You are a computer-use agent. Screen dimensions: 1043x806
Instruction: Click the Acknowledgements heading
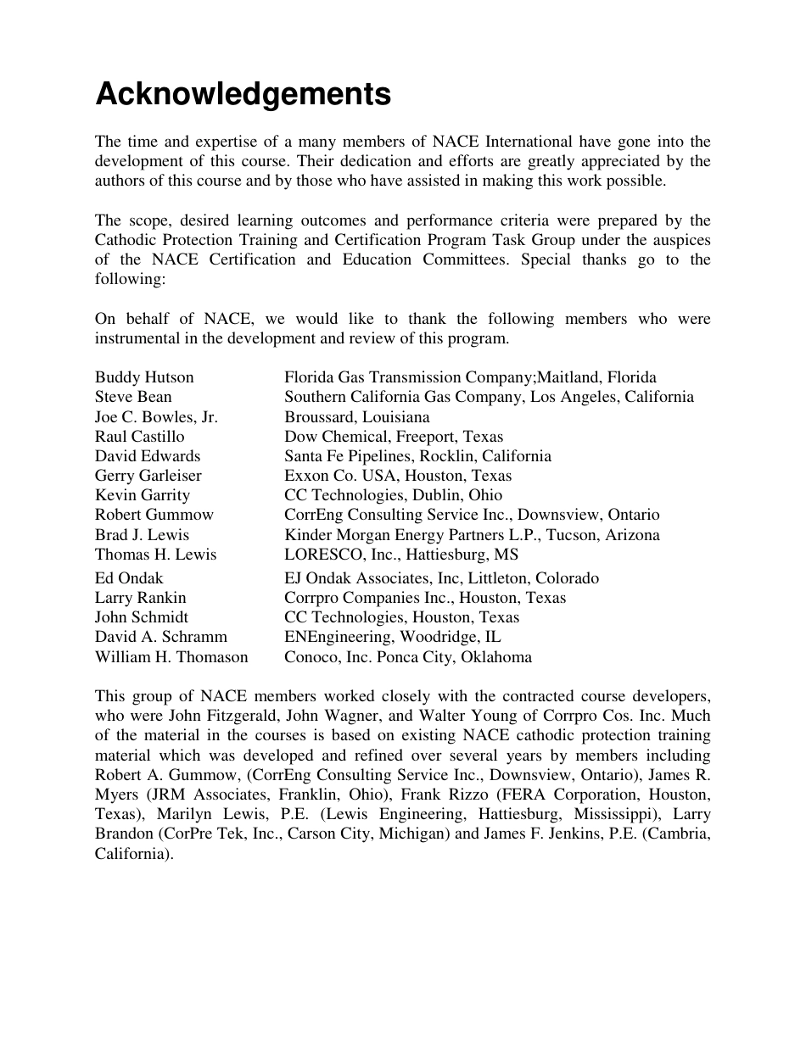pyautogui.click(x=243, y=94)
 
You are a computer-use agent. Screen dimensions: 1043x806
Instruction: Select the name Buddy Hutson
pyautogui.click(x=144, y=377)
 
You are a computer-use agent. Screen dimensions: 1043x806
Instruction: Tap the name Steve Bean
pyautogui.click(x=133, y=397)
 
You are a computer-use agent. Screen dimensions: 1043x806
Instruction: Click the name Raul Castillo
pyautogui.click(x=139, y=437)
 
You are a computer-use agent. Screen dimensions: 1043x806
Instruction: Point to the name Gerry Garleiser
pyautogui.click(x=148, y=476)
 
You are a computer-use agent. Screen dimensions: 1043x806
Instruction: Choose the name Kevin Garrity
pyautogui.click(x=143, y=495)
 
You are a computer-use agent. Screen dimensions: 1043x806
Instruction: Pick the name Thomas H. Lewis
pyautogui.click(x=155, y=555)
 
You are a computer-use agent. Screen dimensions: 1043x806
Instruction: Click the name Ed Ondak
pyautogui.click(x=129, y=578)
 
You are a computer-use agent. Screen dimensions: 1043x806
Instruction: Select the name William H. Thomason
pyautogui.click(x=171, y=657)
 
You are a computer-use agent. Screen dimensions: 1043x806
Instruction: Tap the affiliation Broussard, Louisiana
pyautogui.click(x=356, y=417)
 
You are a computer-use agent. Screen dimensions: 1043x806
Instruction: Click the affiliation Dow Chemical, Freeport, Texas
pyautogui.click(x=394, y=437)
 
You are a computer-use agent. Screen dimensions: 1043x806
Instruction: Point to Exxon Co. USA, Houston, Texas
pyautogui.click(x=398, y=476)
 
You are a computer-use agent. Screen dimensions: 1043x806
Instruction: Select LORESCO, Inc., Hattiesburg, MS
pyautogui.click(x=401, y=555)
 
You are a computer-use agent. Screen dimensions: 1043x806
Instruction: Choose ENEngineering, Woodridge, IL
pyautogui.click(x=392, y=637)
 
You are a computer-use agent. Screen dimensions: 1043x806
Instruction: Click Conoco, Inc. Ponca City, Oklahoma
pyautogui.click(x=408, y=657)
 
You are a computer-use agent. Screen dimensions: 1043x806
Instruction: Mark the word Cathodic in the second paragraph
pyautogui.click(x=127, y=240)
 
